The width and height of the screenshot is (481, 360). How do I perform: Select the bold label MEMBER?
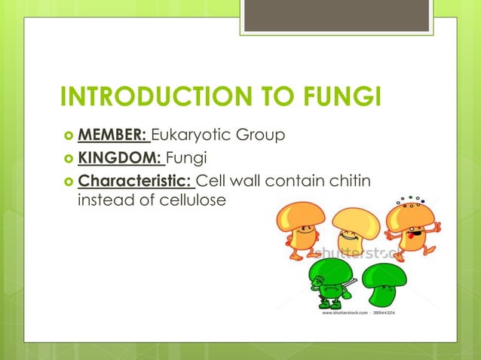[113, 136]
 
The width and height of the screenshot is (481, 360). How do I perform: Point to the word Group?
[259, 136]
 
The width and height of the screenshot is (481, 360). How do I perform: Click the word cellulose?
[190, 201]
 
